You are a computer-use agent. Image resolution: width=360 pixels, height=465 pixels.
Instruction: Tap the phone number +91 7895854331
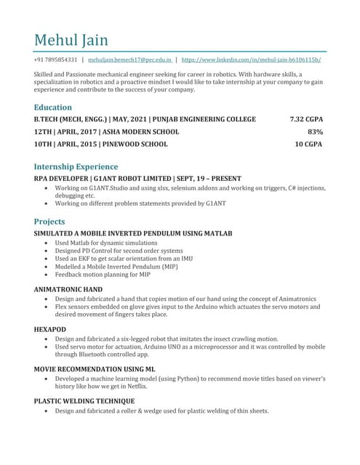55,60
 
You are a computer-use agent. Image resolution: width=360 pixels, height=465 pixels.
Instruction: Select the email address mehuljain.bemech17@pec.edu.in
130,60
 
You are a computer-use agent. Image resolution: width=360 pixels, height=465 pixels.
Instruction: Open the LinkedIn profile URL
251,60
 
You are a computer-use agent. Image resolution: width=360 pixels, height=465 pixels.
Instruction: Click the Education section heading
53,107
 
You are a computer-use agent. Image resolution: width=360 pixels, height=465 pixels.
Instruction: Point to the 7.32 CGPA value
305,119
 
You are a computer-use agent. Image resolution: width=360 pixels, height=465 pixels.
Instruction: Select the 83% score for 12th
315,132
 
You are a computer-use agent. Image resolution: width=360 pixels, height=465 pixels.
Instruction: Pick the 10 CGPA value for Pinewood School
308,144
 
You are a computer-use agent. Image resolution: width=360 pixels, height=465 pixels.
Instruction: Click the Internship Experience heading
76,166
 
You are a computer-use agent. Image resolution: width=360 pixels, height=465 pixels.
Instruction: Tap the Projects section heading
49,221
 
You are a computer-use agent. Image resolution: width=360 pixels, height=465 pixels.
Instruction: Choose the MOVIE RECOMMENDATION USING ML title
95,369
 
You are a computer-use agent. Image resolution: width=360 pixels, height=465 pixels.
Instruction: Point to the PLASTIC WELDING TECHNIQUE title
84,401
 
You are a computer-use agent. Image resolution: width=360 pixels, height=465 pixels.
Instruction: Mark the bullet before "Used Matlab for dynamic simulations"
47,243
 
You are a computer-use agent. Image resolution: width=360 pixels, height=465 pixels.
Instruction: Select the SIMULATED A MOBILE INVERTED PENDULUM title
133,233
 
